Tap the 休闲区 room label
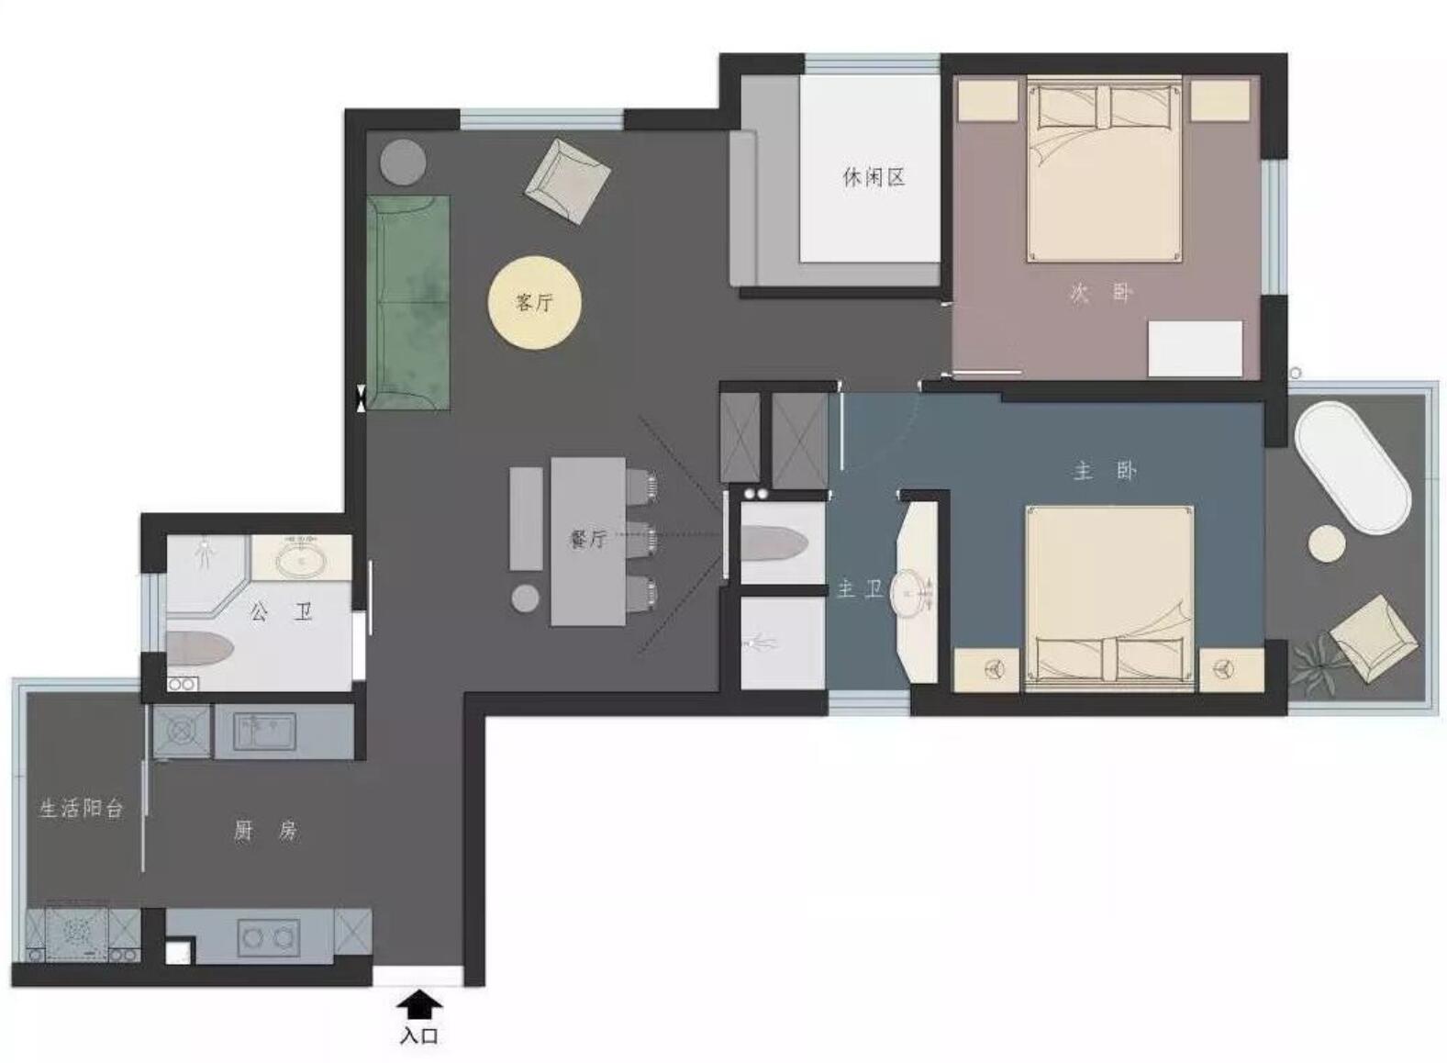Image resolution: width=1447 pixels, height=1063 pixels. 874,176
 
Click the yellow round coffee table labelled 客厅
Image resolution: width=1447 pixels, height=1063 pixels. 534,302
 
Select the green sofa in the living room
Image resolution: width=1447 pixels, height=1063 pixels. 408,302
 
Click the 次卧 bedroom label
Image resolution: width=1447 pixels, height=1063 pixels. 1101,294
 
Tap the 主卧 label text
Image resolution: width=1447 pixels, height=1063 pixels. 1105,470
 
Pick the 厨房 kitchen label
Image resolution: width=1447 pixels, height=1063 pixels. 265,831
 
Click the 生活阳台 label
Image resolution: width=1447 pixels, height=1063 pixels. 82,809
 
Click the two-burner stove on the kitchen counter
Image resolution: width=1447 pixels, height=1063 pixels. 269,937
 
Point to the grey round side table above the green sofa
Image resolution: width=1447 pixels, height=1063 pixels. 403,162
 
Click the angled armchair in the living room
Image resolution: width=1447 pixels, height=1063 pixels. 568,182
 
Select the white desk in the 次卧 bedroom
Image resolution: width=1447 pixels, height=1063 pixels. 1195,349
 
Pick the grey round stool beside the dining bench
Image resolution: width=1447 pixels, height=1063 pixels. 525,598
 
